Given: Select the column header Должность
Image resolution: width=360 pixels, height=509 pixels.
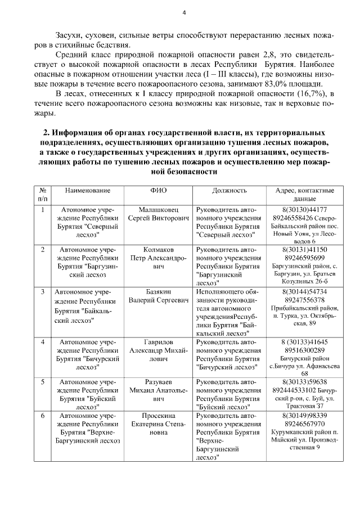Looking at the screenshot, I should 229,191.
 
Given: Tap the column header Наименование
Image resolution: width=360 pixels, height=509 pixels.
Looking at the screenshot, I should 87,191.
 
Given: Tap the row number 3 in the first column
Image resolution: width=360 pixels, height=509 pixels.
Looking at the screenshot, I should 43,292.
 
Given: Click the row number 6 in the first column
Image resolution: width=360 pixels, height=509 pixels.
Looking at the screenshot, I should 43,416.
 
